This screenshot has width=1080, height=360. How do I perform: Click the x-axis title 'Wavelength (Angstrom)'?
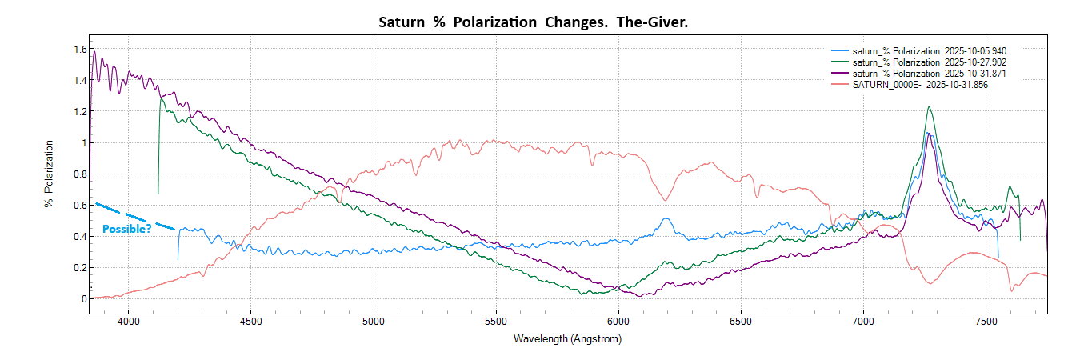coord(567,338)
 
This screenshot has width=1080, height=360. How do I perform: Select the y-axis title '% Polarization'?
coord(49,174)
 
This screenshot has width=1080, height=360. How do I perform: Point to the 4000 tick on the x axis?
coord(128,322)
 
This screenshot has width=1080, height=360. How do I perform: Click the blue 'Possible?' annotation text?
coord(126,230)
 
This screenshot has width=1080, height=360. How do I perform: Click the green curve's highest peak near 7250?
coord(929,107)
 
